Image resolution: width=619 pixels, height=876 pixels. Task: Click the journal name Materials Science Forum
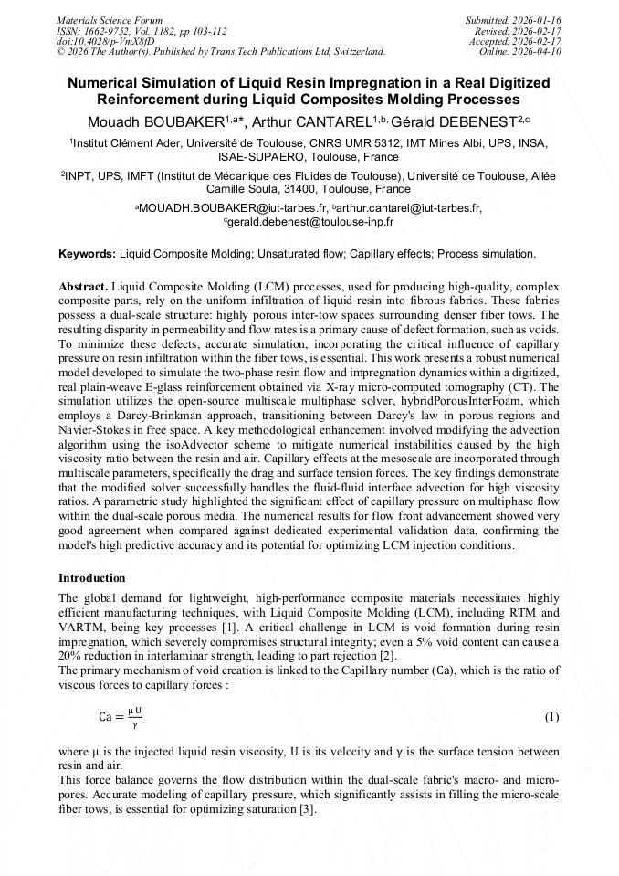110,20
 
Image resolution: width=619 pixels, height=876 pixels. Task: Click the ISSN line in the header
142,31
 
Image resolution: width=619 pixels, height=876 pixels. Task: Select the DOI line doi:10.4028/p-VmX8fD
105,41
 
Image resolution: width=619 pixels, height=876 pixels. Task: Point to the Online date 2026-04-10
538,51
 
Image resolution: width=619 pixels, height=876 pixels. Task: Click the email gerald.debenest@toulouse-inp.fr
311,221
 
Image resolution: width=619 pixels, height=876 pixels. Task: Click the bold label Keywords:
88,253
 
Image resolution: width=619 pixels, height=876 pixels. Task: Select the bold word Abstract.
83,286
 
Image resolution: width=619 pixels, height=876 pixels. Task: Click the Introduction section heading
92,578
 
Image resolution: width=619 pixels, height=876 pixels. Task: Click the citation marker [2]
388,656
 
